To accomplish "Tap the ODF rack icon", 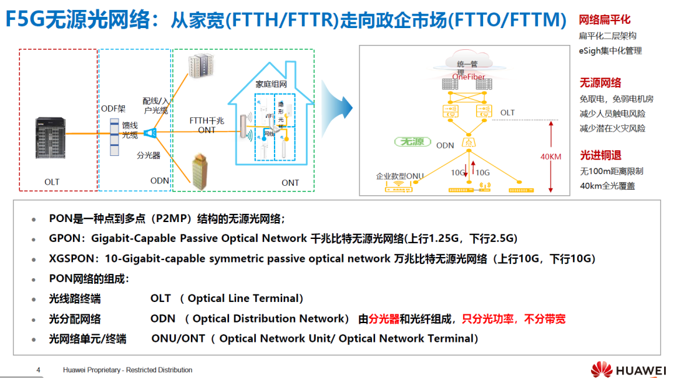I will (114, 136).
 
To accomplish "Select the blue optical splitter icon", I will (150, 133).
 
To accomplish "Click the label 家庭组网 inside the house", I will (271, 84).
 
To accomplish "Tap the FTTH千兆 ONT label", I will (207, 125).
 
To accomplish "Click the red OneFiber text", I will (469, 77).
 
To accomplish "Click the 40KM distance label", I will (550, 157).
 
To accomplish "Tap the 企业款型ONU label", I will (399, 176).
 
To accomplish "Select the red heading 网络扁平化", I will (605, 21).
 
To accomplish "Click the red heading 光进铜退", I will (600, 155).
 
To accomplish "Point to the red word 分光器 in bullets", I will (384, 319).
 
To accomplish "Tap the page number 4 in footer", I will (38, 370).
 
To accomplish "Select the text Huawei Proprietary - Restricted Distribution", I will (127, 370).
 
